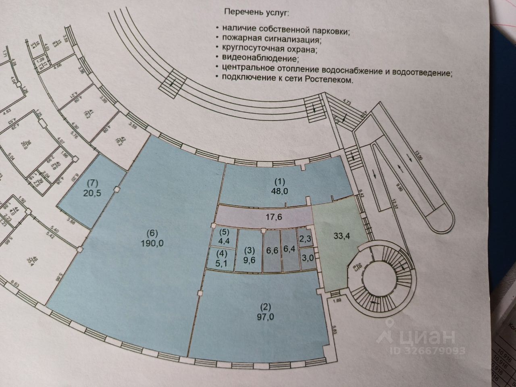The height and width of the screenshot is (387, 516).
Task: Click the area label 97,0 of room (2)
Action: click(265, 317)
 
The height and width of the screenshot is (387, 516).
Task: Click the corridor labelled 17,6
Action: click(265, 217)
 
